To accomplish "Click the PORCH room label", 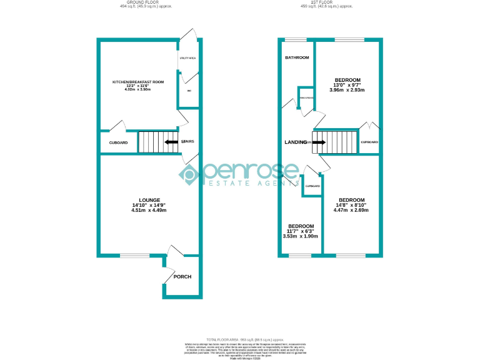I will pyautogui.click(x=182, y=277).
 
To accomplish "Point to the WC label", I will pyautogui.click(x=189, y=91).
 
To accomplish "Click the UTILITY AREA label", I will pyautogui.click(x=187, y=57).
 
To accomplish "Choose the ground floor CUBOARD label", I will pyautogui.click(x=118, y=143).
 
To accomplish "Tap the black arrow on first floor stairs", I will pyautogui.click(x=318, y=142).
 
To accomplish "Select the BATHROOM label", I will pyautogui.click(x=297, y=57).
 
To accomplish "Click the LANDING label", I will pyautogui.click(x=295, y=142).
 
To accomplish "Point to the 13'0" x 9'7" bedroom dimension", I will pyautogui.click(x=347, y=85).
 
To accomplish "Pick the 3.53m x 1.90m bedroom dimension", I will pyautogui.click(x=301, y=236).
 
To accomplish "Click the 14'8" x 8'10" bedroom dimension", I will pyautogui.click(x=351, y=205).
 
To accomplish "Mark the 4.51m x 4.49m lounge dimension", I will pyautogui.click(x=149, y=210).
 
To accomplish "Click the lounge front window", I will pyautogui.click(x=134, y=255).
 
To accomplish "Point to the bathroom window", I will pyautogui.click(x=296, y=40).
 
